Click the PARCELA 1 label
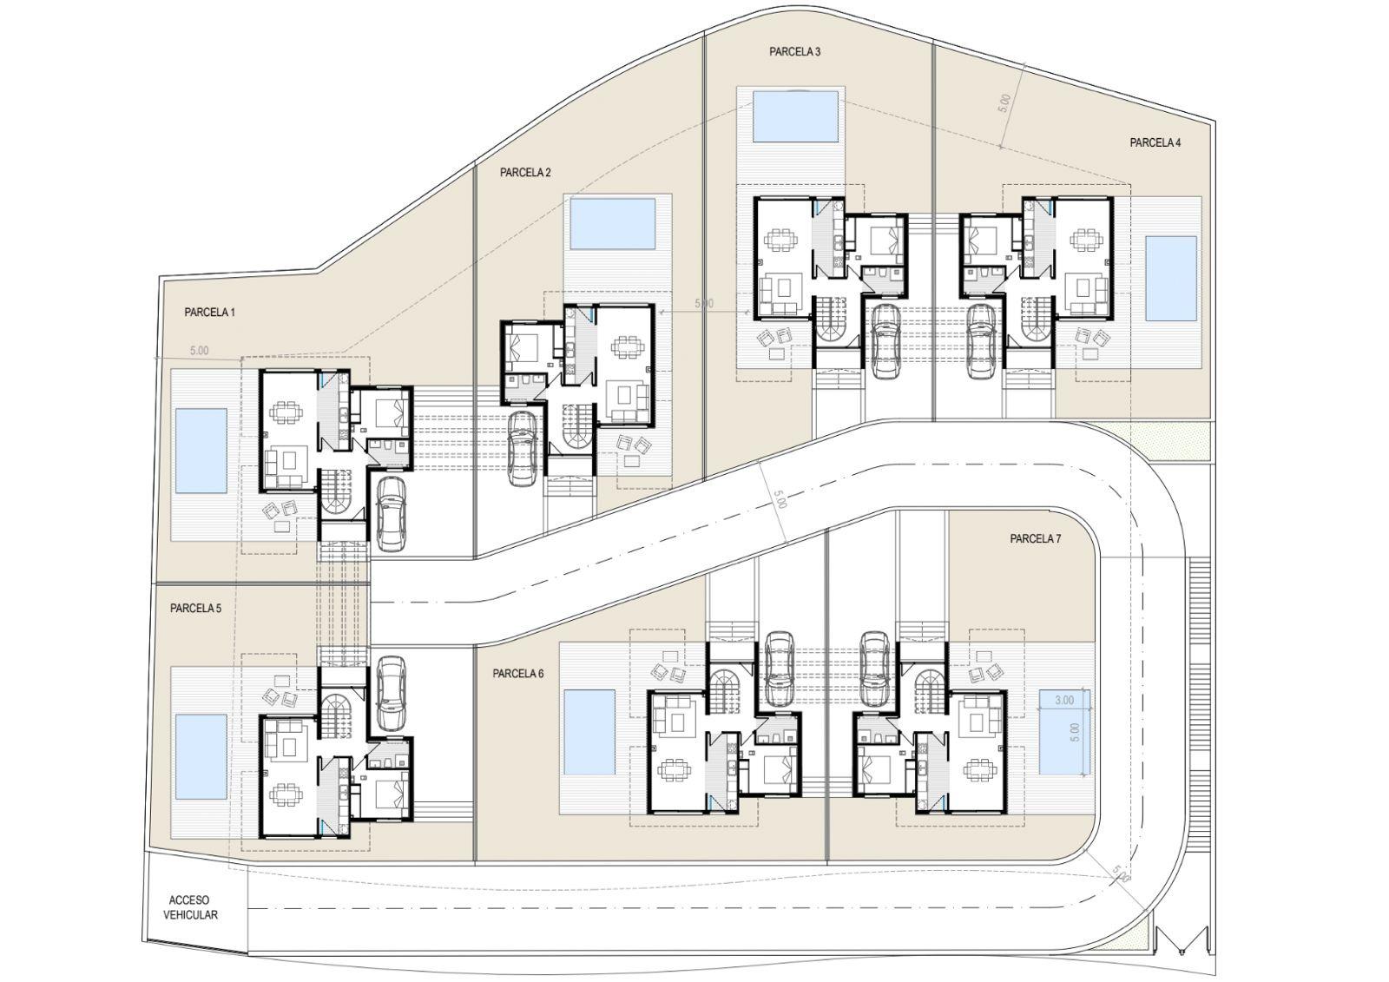tap(209, 313)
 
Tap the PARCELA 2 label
tap(525, 173)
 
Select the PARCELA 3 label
tap(794, 52)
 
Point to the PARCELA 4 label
tap(1155, 142)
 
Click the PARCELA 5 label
tap(195, 609)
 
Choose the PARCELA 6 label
tap(517, 673)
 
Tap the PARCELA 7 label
tap(1035, 539)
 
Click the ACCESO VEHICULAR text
tap(190, 907)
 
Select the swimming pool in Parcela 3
tap(795, 116)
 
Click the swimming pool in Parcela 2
tap(613, 223)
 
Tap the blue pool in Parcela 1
tap(201, 451)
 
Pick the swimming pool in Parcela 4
tap(1171, 279)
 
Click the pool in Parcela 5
tap(201, 757)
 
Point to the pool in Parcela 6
tap(589, 733)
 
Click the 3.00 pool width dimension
tap(1064, 701)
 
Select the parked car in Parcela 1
tap(391, 513)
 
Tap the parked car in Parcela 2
tap(522, 449)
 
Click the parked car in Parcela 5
tap(391, 694)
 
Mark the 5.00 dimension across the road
tap(780, 499)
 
